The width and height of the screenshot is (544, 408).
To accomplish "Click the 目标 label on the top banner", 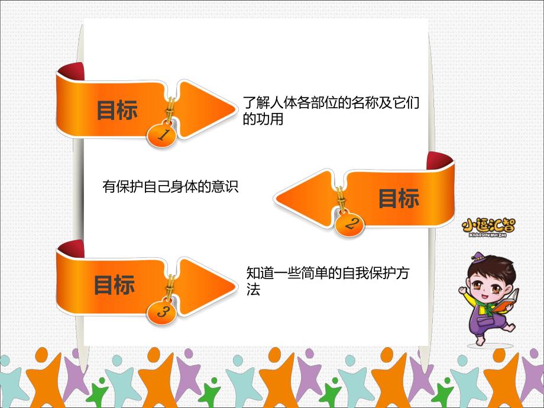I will [x=117, y=110].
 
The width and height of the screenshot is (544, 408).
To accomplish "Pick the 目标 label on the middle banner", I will [x=399, y=199].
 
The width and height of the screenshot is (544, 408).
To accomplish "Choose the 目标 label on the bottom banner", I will [x=114, y=285].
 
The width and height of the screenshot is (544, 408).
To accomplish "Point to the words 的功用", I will [x=263, y=119].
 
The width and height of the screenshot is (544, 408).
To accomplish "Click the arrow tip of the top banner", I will [x=234, y=109].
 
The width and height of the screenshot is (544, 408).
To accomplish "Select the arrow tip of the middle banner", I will [x=277, y=197].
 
